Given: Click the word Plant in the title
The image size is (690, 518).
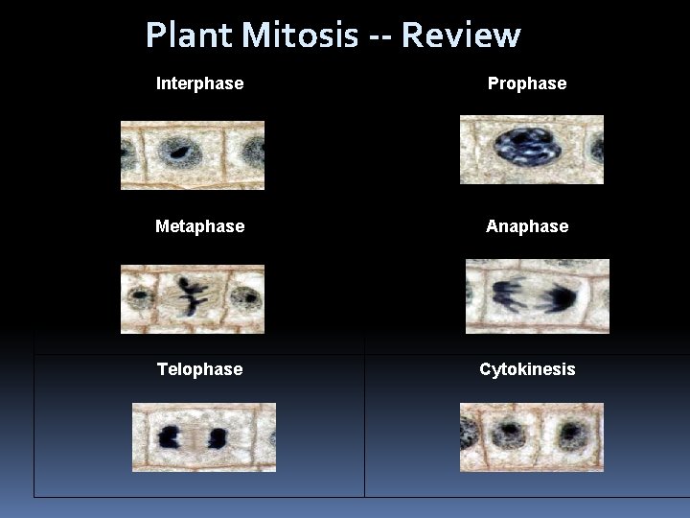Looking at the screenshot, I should point(190,35).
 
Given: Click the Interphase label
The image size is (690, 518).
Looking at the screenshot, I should point(199,83).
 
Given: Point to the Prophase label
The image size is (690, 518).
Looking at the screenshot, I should point(527,83).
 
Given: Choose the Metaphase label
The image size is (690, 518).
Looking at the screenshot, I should point(199,226).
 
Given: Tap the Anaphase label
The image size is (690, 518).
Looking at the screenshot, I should point(527,226).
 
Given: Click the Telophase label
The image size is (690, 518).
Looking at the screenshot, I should point(199,369).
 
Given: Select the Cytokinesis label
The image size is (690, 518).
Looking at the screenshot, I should point(527,369).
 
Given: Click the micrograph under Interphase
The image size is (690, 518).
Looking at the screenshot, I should point(192,154).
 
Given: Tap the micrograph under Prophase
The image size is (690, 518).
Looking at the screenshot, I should point(532,150).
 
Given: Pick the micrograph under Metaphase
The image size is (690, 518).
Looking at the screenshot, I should point(192,298).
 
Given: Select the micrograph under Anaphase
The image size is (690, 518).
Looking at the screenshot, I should point(537,296).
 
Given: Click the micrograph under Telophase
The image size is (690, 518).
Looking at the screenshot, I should point(203,437).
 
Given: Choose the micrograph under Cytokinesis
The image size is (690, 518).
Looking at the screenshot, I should point(532,437).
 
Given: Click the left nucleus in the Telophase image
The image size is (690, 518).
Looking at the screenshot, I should point(173,438).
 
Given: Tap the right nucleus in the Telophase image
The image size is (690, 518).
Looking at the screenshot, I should point(217,438).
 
